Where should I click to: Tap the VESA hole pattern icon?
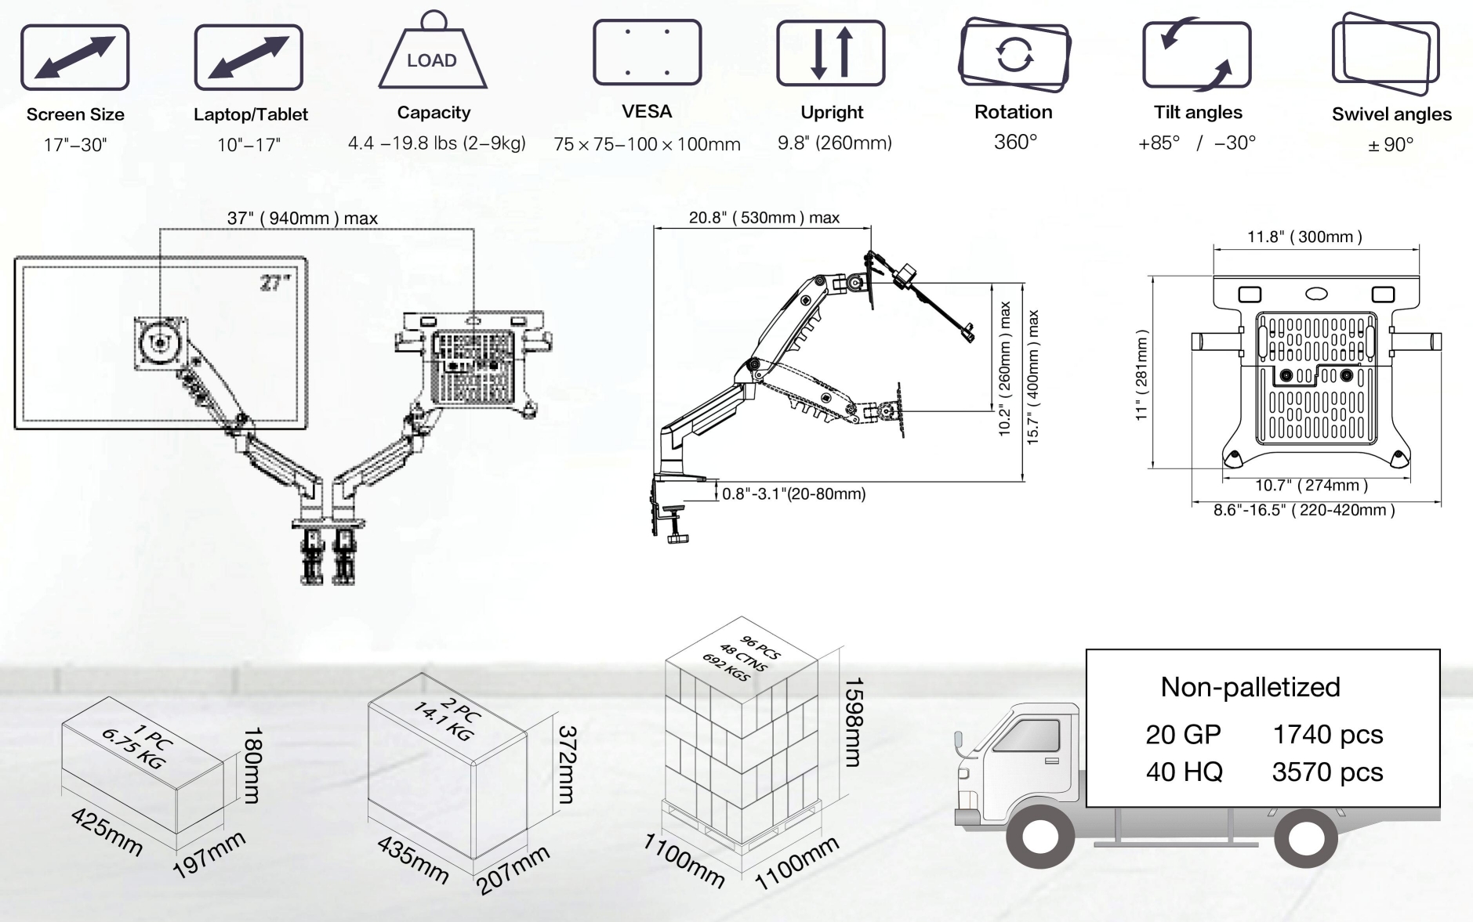[647, 52]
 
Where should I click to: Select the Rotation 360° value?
[1015, 142]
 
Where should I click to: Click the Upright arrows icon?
[831, 52]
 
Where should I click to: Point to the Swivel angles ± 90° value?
[1391, 145]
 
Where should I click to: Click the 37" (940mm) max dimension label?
[303, 219]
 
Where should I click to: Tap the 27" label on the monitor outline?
[275, 282]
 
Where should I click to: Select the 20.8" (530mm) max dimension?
[764, 218]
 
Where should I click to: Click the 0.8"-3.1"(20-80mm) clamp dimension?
[794, 494]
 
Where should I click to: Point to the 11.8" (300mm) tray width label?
[1304, 237]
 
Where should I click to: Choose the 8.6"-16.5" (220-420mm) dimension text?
[1304, 510]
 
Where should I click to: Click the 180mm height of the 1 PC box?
[252, 765]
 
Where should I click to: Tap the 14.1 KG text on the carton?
[443, 721]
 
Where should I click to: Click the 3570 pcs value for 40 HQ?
[1327, 772]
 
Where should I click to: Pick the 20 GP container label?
[1183, 735]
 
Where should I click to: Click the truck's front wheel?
[1038, 837]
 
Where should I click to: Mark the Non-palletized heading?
[1250, 687]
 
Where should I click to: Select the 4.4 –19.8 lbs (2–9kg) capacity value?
[437, 143]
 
